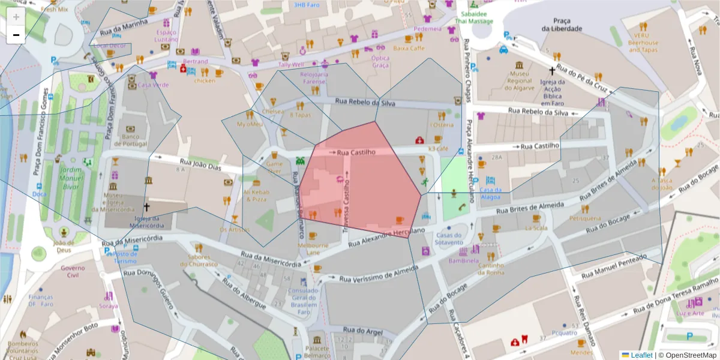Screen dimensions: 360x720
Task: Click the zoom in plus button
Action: click(x=16, y=16)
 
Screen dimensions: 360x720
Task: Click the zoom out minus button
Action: click(x=16, y=35)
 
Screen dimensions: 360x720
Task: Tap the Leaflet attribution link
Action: click(x=641, y=355)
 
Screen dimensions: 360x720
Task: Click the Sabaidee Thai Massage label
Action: click(x=473, y=17)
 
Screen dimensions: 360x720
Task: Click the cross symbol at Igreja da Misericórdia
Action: click(x=146, y=207)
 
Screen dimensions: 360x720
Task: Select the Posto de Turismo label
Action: click(x=125, y=257)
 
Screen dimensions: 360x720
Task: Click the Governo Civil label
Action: click(x=73, y=272)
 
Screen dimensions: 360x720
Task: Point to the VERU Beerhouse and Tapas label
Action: click(x=643, y=43)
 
